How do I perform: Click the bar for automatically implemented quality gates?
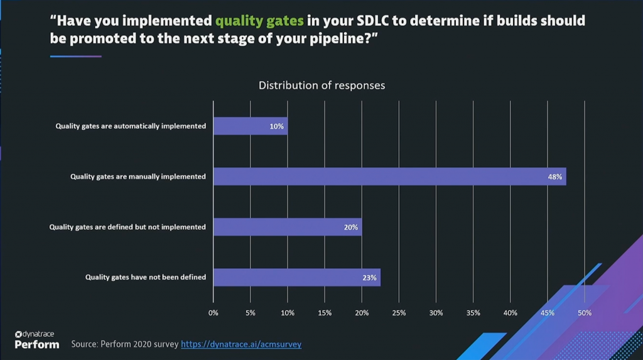click(250, 126)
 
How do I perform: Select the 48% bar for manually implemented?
click(389, 177)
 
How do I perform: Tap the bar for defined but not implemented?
click(287, 227)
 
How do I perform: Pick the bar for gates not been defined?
click(296, 277)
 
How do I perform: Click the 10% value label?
click(277, 126)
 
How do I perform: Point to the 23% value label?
click(369, 277)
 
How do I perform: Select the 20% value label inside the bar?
click(350, 227)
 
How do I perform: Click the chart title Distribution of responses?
click(321, 85)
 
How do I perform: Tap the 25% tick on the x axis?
click(399, 313)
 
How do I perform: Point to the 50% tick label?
click(585, 313)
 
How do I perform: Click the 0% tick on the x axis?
click(213, 313)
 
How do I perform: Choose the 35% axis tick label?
click(473, 313)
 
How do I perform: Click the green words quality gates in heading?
click(259, 21)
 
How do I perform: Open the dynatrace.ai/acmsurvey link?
click(241, 344)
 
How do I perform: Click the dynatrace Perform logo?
click(36, 340)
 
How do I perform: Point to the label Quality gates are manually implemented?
click(138, 177)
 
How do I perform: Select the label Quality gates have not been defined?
click(145, 277)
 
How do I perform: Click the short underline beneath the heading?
click(75, 57)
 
